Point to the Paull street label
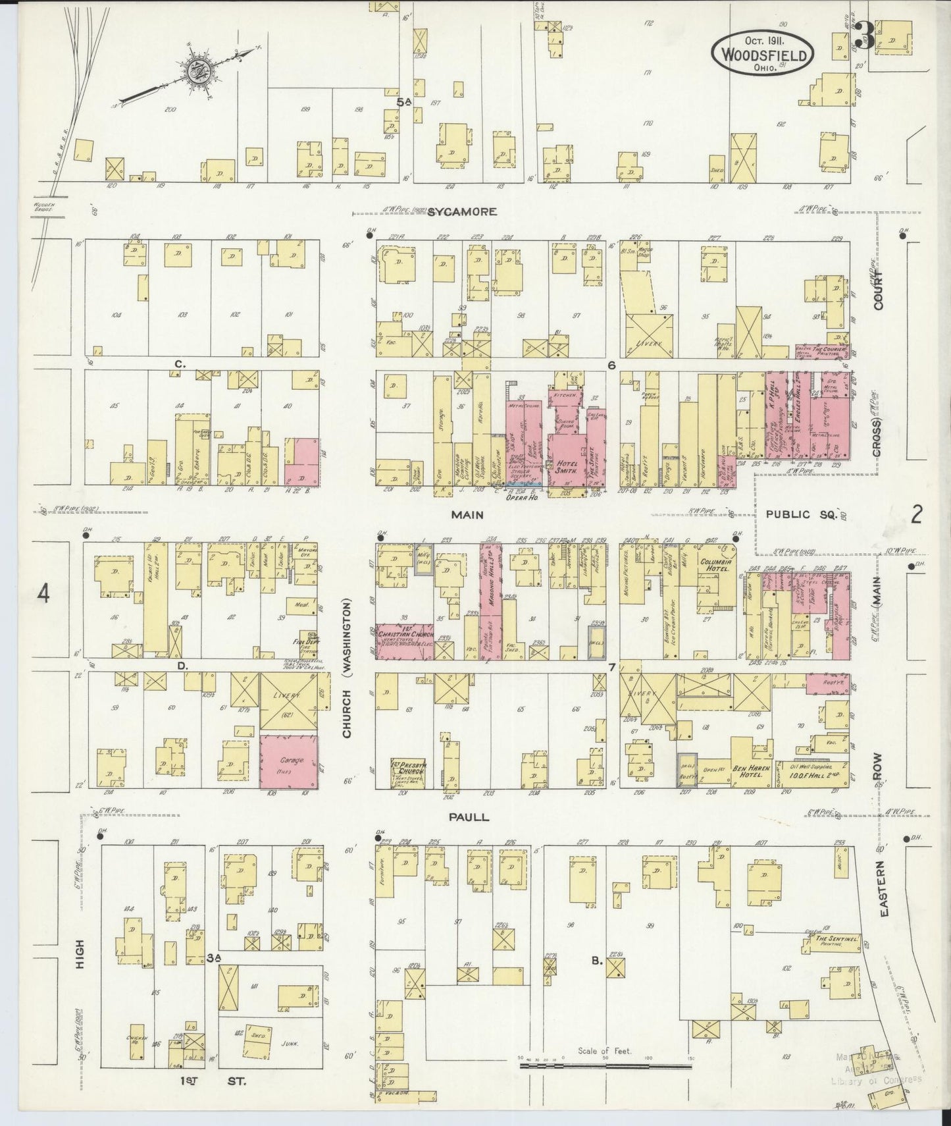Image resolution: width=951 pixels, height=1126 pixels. coord(469,817)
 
